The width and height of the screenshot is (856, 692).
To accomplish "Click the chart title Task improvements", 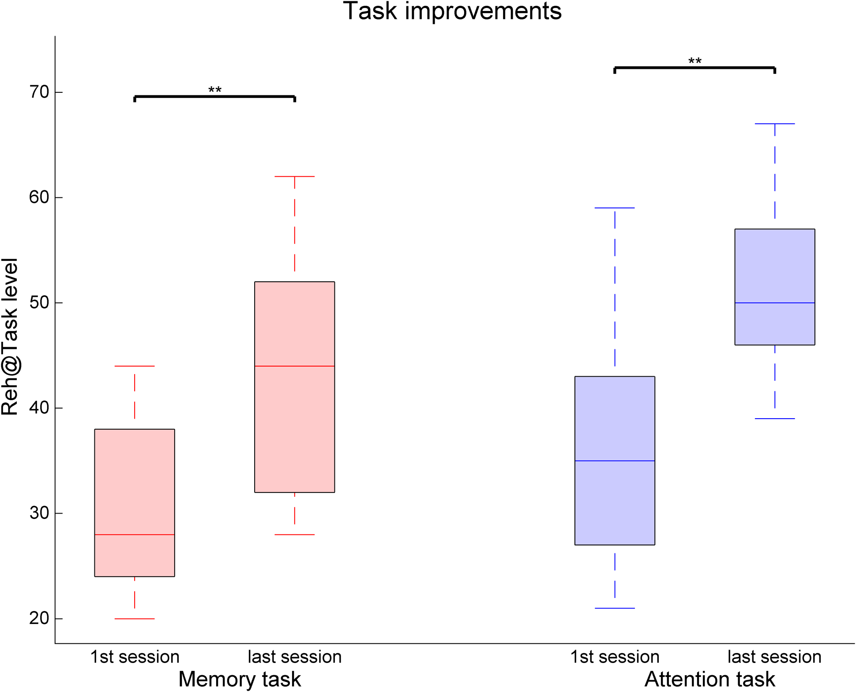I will click(452, 11).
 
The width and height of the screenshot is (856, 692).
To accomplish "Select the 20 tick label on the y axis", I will click(39, 618).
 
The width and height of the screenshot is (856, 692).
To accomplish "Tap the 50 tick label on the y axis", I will click(39, 303).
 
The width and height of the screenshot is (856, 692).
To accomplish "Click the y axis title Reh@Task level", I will click(10, 337).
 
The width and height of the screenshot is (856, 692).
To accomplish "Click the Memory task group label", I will click(240, 679).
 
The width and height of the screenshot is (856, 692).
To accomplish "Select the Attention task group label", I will click(710, 679).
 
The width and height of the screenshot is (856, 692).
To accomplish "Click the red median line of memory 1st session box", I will click(135, 534).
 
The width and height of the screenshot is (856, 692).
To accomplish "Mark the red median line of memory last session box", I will click(294, 366).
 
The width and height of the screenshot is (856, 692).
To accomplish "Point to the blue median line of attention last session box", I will click(774, 303).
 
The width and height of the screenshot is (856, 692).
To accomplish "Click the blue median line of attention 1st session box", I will click(615, 461).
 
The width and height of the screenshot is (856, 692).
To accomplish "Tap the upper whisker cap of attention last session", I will click(774, 124).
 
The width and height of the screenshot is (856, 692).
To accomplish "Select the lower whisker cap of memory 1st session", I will click(135, 619).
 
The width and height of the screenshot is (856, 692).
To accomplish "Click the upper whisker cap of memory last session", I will click(294, 176).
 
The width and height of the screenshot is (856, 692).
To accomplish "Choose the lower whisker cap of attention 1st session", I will click(615, 608).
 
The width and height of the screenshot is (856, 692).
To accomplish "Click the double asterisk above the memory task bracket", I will click(215, 91).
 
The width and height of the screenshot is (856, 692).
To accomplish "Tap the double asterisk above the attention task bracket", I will click(695, 61).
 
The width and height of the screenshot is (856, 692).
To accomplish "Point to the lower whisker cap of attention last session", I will click(774, 418).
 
